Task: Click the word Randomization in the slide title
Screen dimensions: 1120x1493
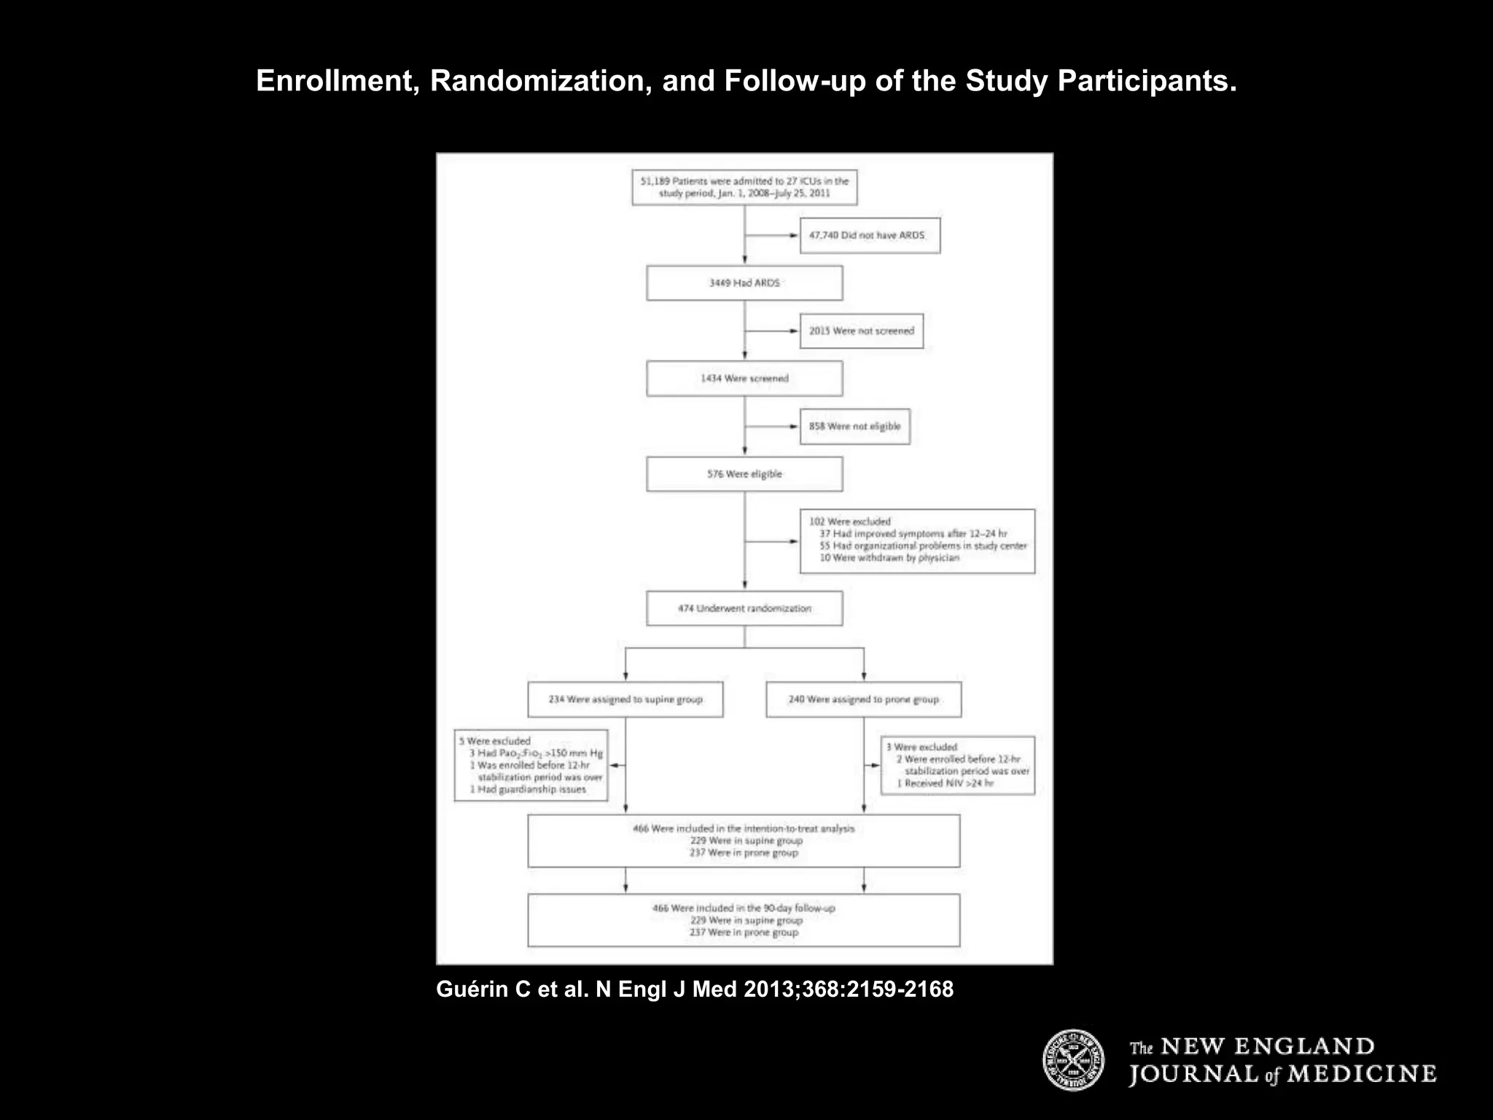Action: click(540, 81)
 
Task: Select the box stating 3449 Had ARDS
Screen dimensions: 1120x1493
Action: click(744, 283)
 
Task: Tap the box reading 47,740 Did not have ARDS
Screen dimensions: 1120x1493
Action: click(870, 236)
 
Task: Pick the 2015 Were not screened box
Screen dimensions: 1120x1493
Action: click(861, 331)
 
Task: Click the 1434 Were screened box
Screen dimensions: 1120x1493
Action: click(744, 378)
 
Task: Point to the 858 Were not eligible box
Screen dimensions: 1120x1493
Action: click(854, 427)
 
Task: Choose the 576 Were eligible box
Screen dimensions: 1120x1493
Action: click(744, 474)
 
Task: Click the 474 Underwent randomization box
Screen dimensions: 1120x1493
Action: click(744, 608)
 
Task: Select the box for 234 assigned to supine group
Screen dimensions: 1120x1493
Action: click(625, 699)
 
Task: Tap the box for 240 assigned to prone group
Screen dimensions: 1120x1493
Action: click(863, 699)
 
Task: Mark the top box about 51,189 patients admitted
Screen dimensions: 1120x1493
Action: click(744, 187)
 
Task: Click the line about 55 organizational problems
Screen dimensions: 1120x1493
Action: click(922, 545)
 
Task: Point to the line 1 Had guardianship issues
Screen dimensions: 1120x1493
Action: click(528, 789)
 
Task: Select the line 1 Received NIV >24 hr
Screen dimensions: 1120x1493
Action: click(945, 783)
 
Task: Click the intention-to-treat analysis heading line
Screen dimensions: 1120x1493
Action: click(744, 828)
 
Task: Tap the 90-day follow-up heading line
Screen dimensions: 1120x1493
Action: click(744, 909)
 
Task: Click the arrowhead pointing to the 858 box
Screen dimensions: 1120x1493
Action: click(794, 427)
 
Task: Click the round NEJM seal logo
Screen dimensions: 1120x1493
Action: click(1073, 1060)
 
